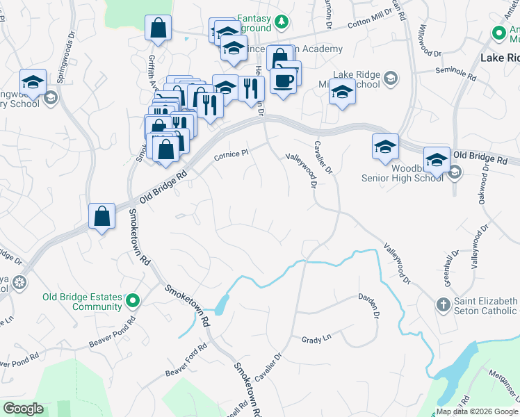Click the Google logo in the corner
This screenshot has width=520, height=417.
[x=23, y=409]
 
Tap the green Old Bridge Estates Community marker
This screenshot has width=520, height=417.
[x=132, y=301]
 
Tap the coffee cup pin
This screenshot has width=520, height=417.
[x=284, y=81]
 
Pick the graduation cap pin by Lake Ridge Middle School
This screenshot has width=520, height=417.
[x=341, y=92]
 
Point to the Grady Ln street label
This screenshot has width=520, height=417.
[x=316, y=340]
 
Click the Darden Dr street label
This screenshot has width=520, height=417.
[x=368, y=306]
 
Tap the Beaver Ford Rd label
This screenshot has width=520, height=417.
[x=186, y=360]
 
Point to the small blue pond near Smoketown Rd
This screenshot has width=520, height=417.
[x=222, y=304]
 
